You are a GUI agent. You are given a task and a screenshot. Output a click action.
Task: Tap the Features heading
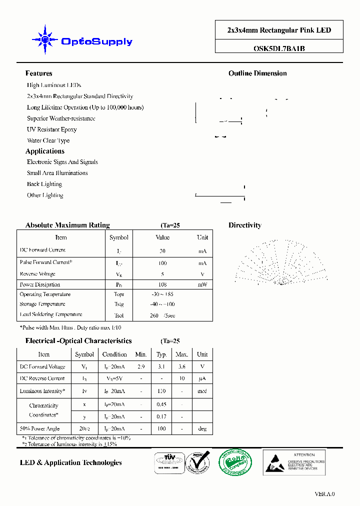[38, 73]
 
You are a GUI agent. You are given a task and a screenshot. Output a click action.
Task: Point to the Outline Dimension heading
[257, 73]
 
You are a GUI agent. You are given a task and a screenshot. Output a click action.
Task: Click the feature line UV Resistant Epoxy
[52, 129]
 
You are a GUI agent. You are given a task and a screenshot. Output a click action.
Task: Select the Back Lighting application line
[44, 184]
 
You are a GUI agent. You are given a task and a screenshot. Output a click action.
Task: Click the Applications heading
[45, 151]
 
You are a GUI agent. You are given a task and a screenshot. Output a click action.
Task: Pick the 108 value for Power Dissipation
[162, 284]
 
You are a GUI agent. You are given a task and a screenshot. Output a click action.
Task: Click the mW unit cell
[202, 284]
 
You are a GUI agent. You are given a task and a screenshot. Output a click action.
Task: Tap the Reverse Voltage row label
[37, 274]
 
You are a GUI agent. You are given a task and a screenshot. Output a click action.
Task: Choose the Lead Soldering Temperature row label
[51, 314]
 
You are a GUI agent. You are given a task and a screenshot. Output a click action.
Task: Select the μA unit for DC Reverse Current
[202, 379]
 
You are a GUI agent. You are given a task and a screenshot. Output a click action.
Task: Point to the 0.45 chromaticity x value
[161, 404]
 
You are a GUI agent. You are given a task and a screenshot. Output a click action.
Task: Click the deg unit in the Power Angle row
[202, 428]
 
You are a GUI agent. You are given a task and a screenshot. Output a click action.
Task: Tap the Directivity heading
[245, 225]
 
